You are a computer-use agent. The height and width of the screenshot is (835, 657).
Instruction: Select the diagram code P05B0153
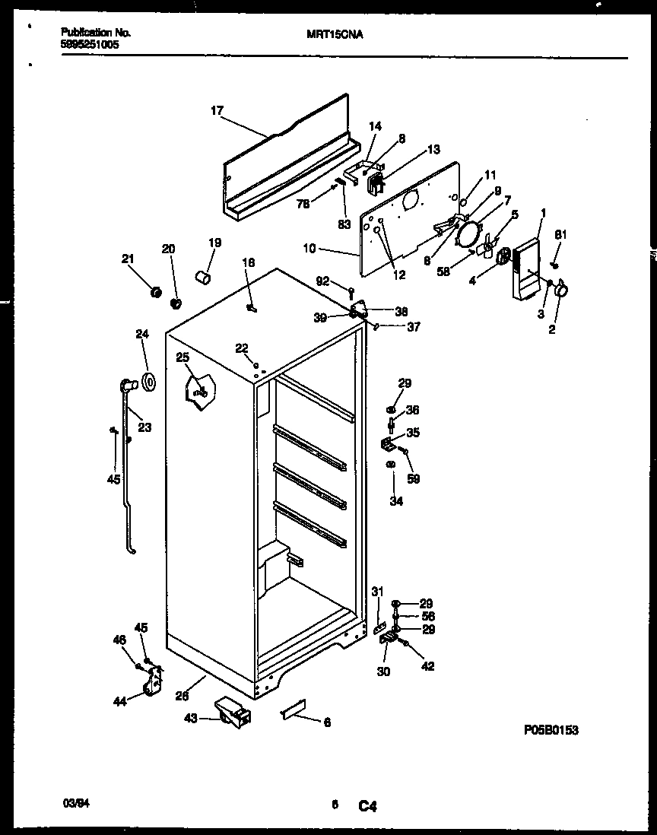click(x=551, y=730)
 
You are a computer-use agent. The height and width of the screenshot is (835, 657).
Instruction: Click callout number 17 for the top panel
click(x=217, y=110)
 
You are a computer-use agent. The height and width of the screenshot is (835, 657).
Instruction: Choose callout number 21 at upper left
click(x=127, y=259)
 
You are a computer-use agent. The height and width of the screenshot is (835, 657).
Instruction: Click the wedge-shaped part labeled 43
click(x=233, y=712)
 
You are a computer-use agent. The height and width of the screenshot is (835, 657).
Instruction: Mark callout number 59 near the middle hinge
click(x=414, y=479)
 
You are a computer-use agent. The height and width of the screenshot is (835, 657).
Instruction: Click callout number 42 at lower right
click(x=427, y=667)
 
